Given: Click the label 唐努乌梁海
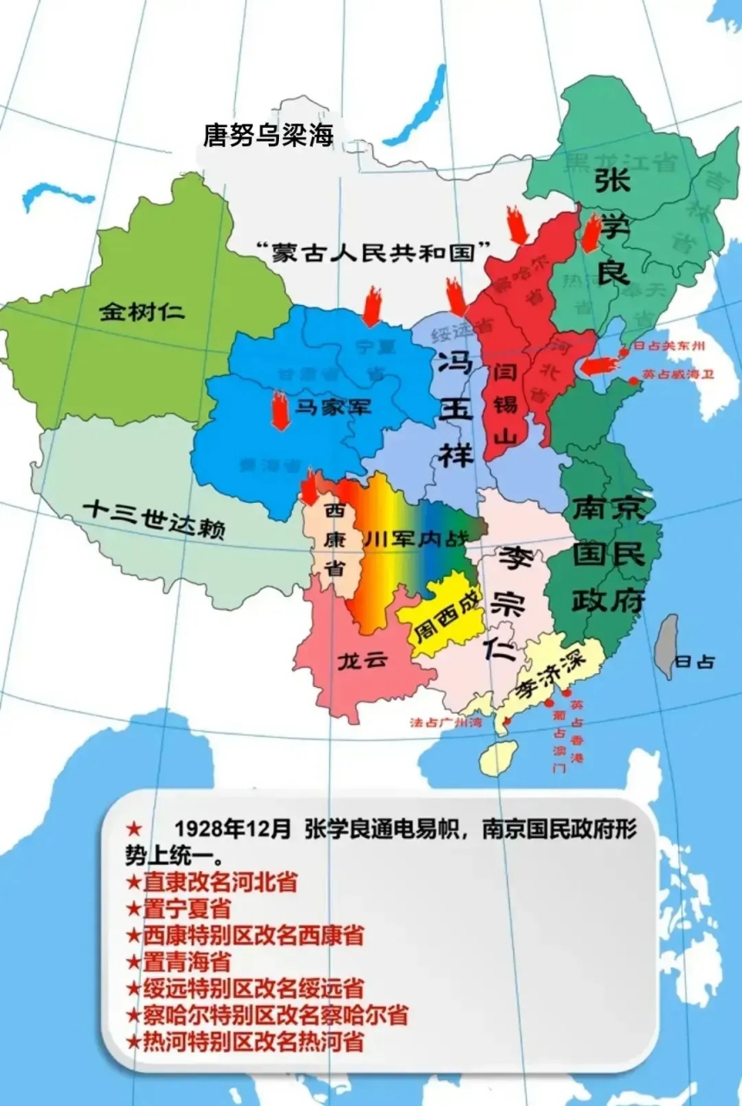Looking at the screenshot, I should pyautogui.click(x=268, y=134).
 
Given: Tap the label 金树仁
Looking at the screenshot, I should pyautogui.click(x=142, y=311).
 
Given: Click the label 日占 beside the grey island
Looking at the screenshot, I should pyautogui.click(x=694, y=662).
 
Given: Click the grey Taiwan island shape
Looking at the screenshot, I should pyautogui.click(x=665, y=646).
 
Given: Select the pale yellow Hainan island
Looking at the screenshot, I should pyautogui.click(x=498, y=757).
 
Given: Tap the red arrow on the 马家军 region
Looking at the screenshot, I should pyautogui.click(x=280, y=410).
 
